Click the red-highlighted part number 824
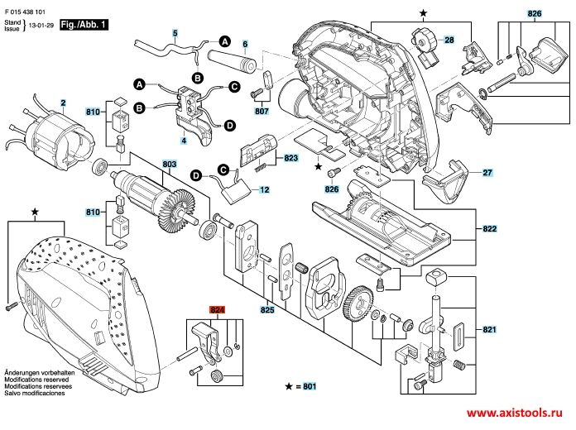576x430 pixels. click(218, 311)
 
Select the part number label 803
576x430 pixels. click(169, 165)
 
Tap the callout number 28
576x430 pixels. click(449, 40)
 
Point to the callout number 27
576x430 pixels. click(487, 173)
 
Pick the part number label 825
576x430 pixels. click(267, 311)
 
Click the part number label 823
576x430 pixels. click(290, 157)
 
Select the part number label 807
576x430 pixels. click(262, 109)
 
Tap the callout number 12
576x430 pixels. click(264, 190)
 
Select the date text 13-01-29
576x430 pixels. click(42, 26)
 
